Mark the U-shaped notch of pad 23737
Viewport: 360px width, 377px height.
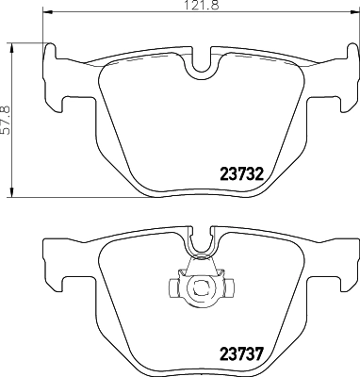tap(200, 245)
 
